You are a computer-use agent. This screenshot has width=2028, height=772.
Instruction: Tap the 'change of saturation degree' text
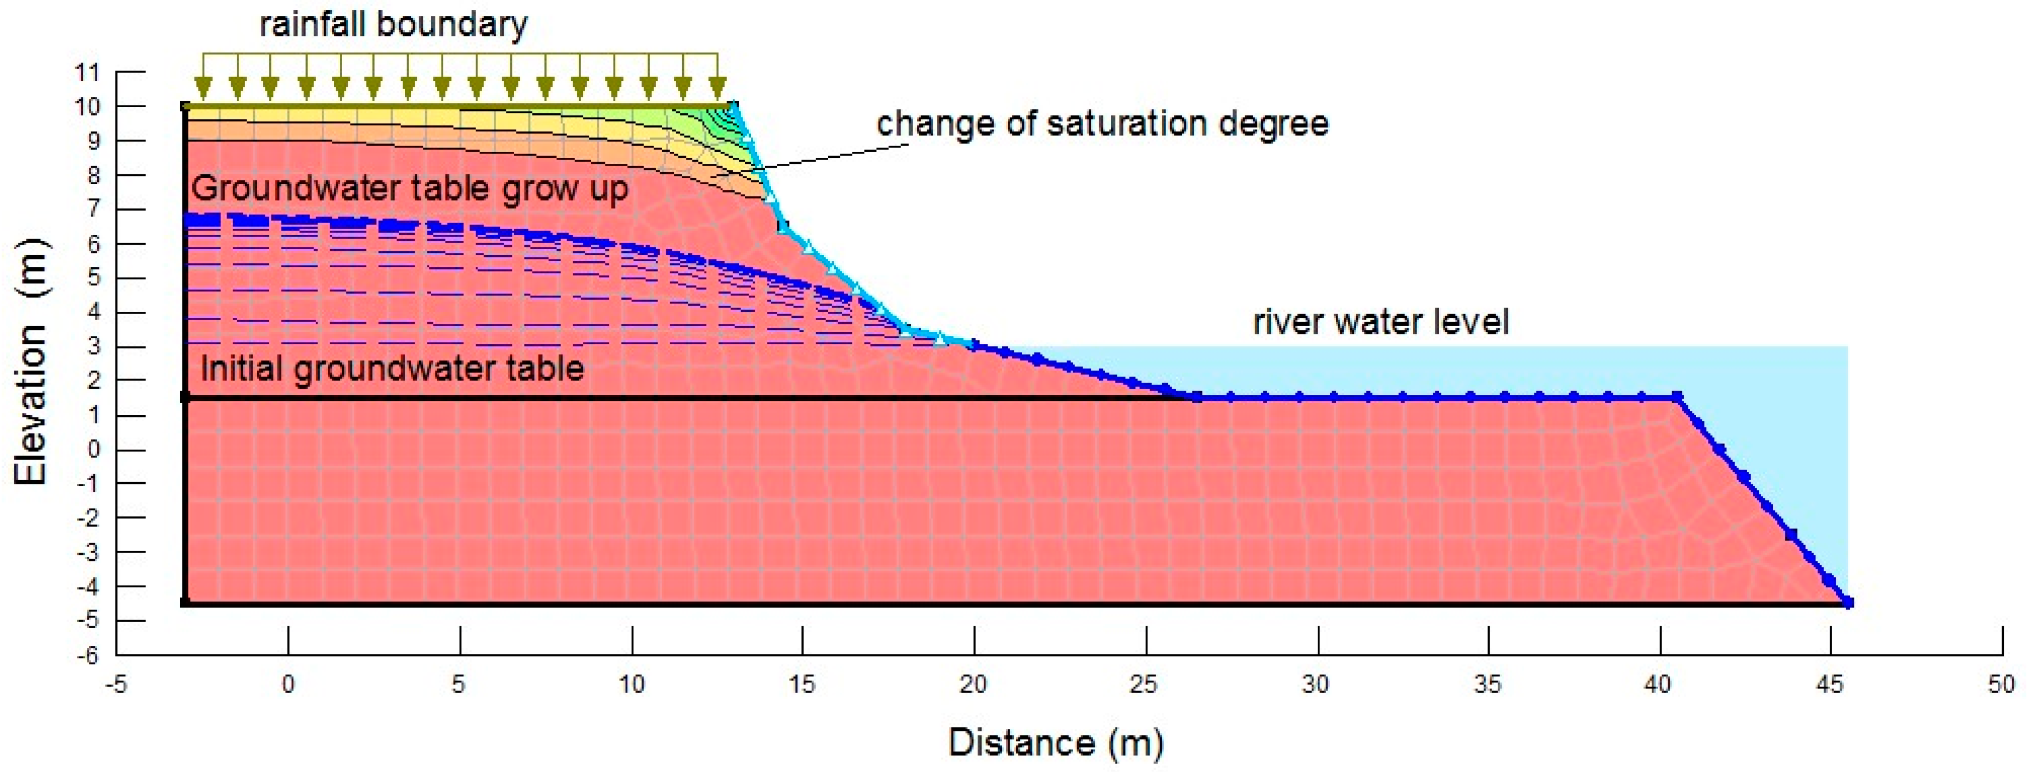(x=1102, y=124)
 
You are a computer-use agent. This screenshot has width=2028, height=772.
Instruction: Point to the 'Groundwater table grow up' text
(x=409, y=189)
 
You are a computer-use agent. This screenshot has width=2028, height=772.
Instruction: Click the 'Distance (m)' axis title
(x=1055, y=742)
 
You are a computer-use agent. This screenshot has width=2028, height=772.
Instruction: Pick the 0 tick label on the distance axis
(x=288, y=684)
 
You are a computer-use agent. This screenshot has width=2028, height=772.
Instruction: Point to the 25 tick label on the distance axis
(x=1145, y=684)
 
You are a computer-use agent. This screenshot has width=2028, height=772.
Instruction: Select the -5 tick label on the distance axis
(x=116, y=684)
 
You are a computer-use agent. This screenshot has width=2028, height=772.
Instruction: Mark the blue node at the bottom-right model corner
(x=1848, y=603)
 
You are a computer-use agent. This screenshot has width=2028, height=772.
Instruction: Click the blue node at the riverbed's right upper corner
(x=1677, y=397)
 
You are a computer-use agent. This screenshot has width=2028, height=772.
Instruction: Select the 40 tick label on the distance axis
(x=1658, y=684)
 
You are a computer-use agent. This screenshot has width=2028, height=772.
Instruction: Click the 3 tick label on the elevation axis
(x=93, y=346)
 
